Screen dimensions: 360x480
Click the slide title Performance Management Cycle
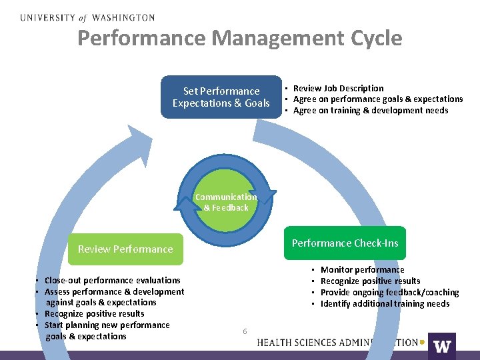[239, 38]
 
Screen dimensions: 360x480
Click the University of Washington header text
[87, 17]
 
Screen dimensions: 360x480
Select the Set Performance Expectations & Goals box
[221, 97]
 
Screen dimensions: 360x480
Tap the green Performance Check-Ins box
[345, 243]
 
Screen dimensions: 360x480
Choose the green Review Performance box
[125, 249]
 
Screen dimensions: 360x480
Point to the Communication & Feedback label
[226, 202]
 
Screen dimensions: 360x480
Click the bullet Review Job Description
[339, 88]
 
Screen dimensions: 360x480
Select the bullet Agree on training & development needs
[371, 111]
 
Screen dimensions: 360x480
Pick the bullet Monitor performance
[362, 270]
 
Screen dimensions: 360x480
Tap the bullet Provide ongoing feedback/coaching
[389, 293]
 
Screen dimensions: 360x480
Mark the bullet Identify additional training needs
[385, 304]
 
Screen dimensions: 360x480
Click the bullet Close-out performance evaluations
[112, 281]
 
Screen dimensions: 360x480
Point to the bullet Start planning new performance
[107, 325]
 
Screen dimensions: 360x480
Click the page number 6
[245, 331]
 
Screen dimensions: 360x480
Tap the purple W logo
[442, 345]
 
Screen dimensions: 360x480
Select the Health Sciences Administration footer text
[337, 343]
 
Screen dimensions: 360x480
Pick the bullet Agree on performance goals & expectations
[378, 99]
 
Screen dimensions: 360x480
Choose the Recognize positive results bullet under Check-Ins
[370, 281]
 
